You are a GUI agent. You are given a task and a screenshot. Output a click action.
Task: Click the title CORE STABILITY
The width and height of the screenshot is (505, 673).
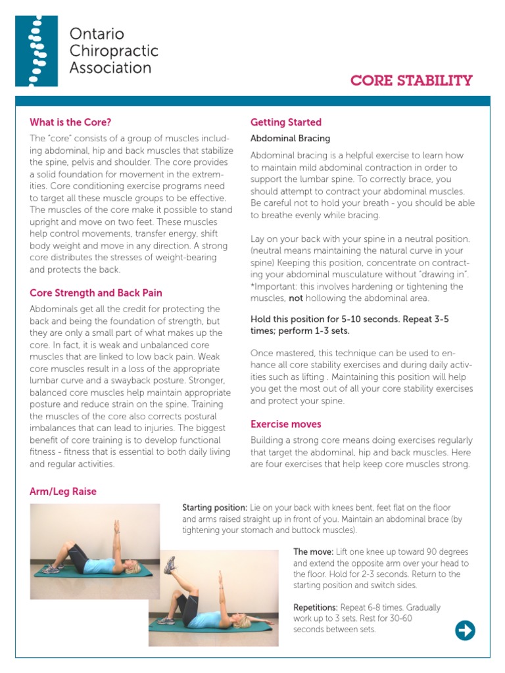coord(411,81)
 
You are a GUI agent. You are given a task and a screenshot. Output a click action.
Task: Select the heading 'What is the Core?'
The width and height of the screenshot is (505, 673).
coord(70,122)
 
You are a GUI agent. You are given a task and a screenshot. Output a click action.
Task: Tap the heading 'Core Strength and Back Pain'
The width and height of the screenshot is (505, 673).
coord(96,293)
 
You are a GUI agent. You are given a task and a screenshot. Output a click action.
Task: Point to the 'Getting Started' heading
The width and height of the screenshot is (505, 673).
coord(286,122)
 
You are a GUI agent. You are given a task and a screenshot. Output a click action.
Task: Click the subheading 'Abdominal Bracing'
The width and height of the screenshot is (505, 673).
coord(290,139)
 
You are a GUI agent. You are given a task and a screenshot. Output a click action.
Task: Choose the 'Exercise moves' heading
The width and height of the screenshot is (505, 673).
coord(286,424)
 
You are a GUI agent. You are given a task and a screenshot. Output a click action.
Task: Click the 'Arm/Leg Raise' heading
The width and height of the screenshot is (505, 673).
coord(63,491)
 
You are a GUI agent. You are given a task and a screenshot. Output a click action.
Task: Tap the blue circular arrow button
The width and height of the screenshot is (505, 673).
coord(465,631)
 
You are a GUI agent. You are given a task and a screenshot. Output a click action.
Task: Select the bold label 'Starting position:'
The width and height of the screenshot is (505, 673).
coord(214,508)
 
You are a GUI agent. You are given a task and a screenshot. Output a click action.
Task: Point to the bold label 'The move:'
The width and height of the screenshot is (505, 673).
coord(313,552)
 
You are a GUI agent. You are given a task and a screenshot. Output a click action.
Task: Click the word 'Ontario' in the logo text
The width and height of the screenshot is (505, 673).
coord(97,34)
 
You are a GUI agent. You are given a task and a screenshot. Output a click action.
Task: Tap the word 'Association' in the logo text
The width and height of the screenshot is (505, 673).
coord(110,68)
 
